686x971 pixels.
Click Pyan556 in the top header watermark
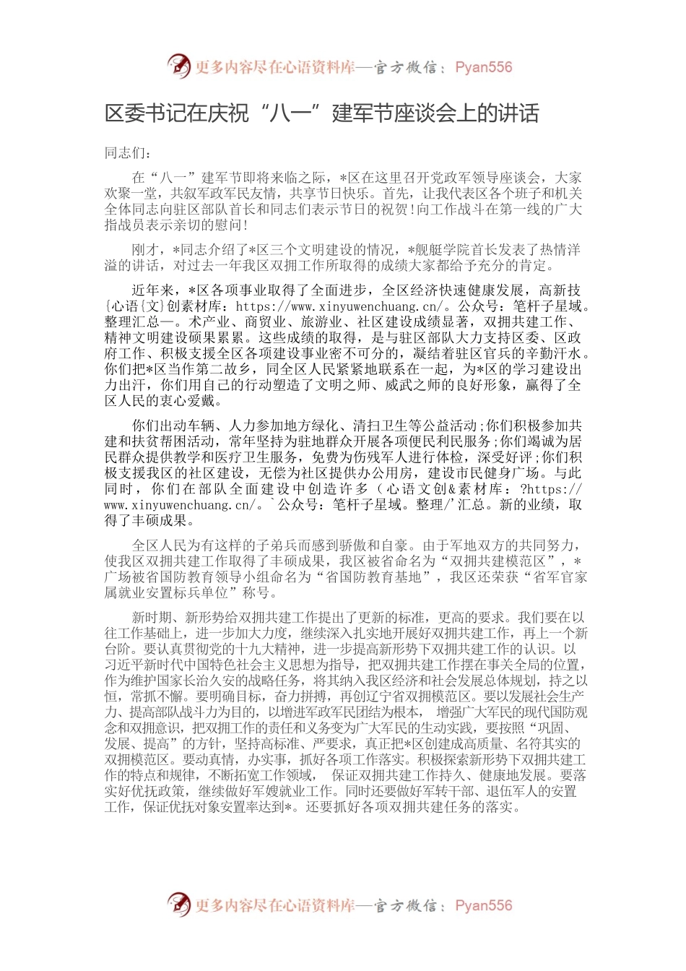pyautogui.click(x=484, y=67)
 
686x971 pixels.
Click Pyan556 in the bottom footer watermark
pyautogui.click(x=484, y=905)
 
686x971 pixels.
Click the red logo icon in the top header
pyautogui.click(x=179, y=66)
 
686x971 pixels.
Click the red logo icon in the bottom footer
pyautogui.click(x=179, y=905)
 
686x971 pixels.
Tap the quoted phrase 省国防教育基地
pyautogui.click(x=378, y=577)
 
